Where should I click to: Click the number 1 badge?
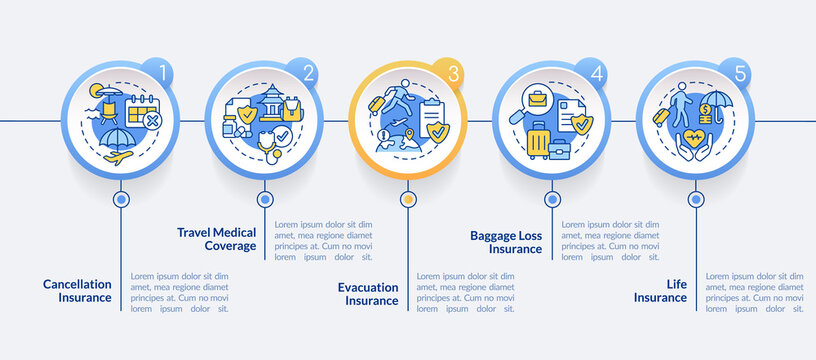pos(165,72)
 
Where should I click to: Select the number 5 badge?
pos(739,72)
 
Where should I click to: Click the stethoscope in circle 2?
pos(269,146)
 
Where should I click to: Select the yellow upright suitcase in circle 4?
pos(538,141)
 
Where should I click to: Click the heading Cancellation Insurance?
pos(77,290)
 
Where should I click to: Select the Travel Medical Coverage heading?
pos(217,239)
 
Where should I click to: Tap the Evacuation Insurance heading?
pos(365,293)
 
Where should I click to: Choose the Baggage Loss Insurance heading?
pos(506,242)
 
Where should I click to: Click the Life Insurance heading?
pos(660,290)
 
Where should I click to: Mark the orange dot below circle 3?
pos(408,199)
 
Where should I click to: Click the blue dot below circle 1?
pos(122,199)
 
